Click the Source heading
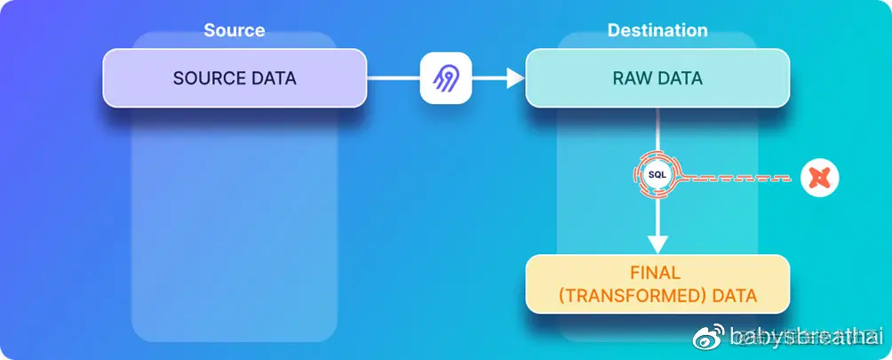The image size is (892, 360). point(234,30)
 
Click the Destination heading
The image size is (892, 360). point(657,30)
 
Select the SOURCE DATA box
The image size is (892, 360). point(235,78)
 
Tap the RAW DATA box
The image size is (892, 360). point(657,78)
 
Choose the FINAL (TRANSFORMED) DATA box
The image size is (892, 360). point(657,284)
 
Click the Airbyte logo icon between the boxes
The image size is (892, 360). point(445,78)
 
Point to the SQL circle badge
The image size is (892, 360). point(657,175)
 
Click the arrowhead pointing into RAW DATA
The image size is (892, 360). point(514,78)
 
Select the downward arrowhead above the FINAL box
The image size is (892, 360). point(657,242)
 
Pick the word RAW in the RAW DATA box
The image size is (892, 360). point(630,78)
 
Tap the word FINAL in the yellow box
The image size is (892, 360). point(657,273)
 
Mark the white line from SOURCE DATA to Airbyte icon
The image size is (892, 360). point(393,78)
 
